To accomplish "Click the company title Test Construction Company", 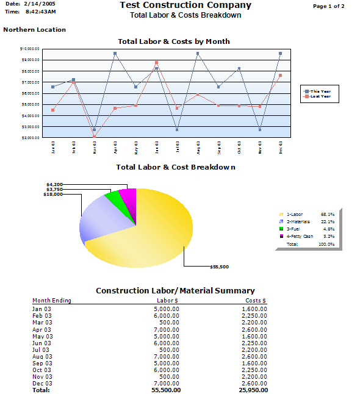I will pyautogui.click(x=185, y=5).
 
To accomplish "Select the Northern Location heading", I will pyautogui.click(x=35, y=29).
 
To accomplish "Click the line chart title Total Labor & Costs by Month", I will pyautogui.click(x=174, y=41).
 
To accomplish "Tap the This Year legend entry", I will pyautogui.click(x=320, y=91).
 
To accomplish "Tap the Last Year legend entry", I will pyautogui.click(x=320, y=96).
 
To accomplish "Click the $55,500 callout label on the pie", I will pyautogui.click(x=219, y=267).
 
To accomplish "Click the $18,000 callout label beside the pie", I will pyautogui.click(x=54, y=195).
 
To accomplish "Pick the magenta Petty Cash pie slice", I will pyautogui.click(x=128, y=195).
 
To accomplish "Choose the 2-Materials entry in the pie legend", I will pyautogui.click(x=298, y=221).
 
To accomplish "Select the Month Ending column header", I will pyautogui.click(x=52, y=301).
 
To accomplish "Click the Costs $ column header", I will pyautogui.click(x=256, y=301).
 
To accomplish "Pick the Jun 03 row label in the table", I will pyautogui.click(x=42, y=343).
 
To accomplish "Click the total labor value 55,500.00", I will pyautogui.click(x=164, y=390).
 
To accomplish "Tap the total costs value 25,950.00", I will pyautogui.click(x=252, y=390).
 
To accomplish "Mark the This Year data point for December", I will pyautogui.click(x=280, y=54).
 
